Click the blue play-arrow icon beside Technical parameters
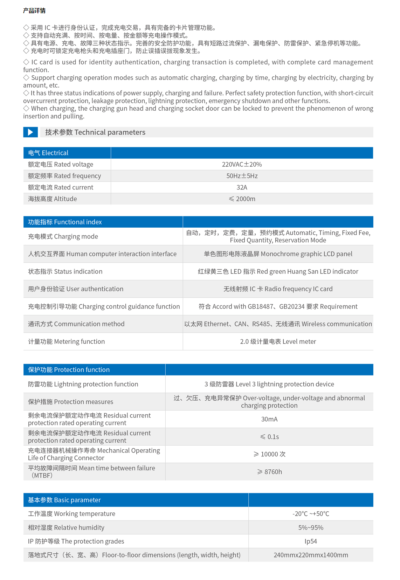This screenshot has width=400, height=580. click(30, 132)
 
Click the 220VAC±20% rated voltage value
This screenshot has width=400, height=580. click(242, 164)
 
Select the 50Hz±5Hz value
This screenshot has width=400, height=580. click(242, 176)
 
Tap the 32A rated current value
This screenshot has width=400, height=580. click(242, 187)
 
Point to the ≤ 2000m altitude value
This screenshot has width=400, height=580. click(242, 199)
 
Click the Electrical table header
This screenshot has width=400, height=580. click(48, 153)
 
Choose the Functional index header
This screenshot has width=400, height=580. click(65, 222)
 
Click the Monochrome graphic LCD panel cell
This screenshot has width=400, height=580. click(278, 254)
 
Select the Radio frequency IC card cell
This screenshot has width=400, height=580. click(278, 289)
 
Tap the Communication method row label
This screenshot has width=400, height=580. click(76, 324)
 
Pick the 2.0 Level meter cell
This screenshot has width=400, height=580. click(278, 341)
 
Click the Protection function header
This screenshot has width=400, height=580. click(69, 370)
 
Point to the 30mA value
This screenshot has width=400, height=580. click(269, 419)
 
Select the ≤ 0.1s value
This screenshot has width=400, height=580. click(269, 437)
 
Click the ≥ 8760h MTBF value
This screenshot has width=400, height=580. click(269, 472)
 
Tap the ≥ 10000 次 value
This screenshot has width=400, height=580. click(269, 454)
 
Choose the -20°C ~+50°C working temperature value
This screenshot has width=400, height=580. click(311, 514)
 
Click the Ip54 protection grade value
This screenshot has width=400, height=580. click(311, 541)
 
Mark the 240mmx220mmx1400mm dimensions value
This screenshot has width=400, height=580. click(311, 555)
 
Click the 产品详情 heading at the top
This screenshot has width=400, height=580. click(34, 11)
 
